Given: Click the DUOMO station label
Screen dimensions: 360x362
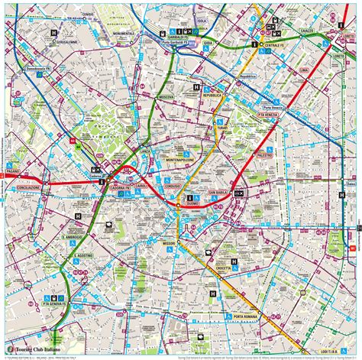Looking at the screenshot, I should (x=192, y=205).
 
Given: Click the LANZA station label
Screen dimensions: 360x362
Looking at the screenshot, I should (x=146, y=152).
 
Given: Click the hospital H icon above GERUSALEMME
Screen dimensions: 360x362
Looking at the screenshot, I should (x=53, y=33).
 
